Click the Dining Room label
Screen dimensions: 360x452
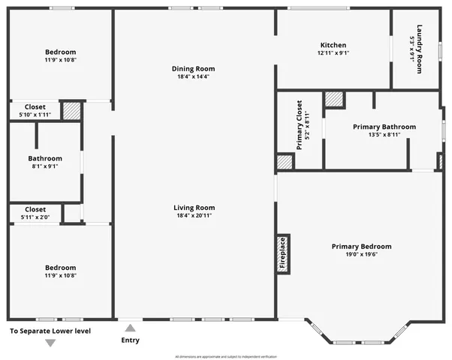tap(194, 68)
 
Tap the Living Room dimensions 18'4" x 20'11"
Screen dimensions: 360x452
tap(194, 216)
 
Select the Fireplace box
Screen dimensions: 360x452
tap(283, 253)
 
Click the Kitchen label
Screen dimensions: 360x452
tap(333, 45)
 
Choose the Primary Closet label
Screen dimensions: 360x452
tap(300, 124)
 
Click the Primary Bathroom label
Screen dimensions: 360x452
tap(384, 127)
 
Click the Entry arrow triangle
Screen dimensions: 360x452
tap(130, 328)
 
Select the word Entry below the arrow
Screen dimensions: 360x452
tap(130, 340)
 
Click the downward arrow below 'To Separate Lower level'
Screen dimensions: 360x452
tap(50, 343)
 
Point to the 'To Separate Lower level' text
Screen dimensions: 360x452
tap(50, 331)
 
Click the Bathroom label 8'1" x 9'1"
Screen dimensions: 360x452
tap(45, 158)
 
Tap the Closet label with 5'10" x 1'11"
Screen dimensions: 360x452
tap(35, 106)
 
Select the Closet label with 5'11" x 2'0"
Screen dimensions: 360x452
tap(35, 209)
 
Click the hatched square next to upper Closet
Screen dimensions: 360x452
tap(71, 110)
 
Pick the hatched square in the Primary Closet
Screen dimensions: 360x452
tap(285, 162)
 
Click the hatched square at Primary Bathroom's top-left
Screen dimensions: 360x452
tap(333, 100)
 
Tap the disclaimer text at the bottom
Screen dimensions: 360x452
tap(225, 356)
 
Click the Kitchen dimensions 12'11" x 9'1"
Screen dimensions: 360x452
tap(333, 53)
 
